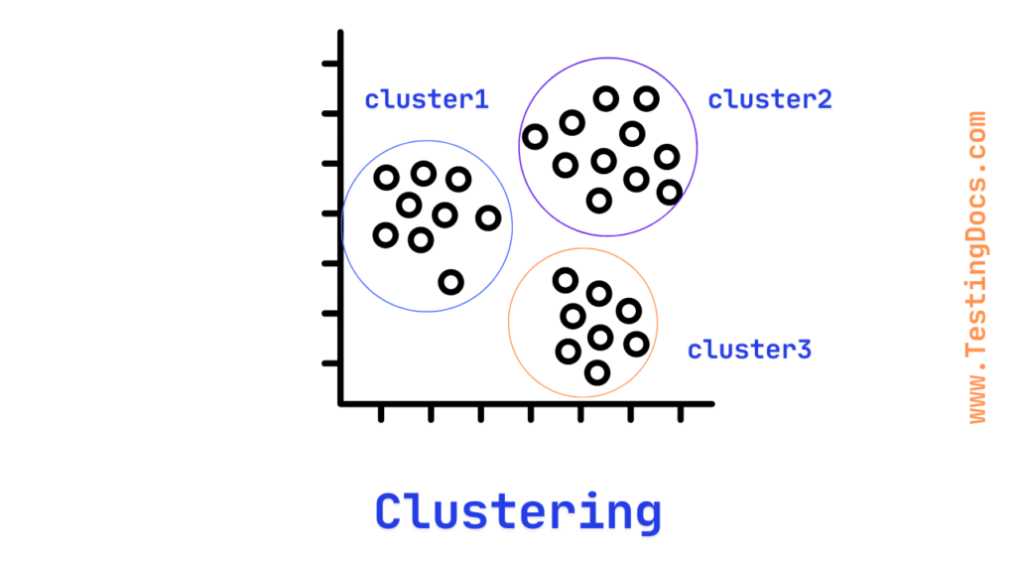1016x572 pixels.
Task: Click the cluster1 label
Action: pos(427,99)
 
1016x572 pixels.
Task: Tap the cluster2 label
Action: pos(770,99)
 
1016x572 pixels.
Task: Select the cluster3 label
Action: pos(750,350)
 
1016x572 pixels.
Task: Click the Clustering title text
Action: pos(518,512)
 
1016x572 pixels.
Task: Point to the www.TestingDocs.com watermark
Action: pos(976,268)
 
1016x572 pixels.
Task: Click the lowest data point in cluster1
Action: pos(451,282)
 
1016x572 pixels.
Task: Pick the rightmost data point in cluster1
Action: pos(487,217)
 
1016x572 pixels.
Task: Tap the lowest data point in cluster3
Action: pos(596,372)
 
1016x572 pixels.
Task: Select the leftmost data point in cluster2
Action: pos(535,137)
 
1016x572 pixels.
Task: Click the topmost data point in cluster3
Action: pos(565,280)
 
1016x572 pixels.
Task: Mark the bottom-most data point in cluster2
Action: pos(598,201)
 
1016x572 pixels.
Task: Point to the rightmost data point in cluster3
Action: pos(636,344)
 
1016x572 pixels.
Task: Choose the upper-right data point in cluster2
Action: pos(647,98)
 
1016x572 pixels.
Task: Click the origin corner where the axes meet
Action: pos(340,403)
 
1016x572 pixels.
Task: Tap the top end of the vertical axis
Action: pos(340,34)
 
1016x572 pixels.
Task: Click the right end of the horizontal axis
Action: pos(710,403)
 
